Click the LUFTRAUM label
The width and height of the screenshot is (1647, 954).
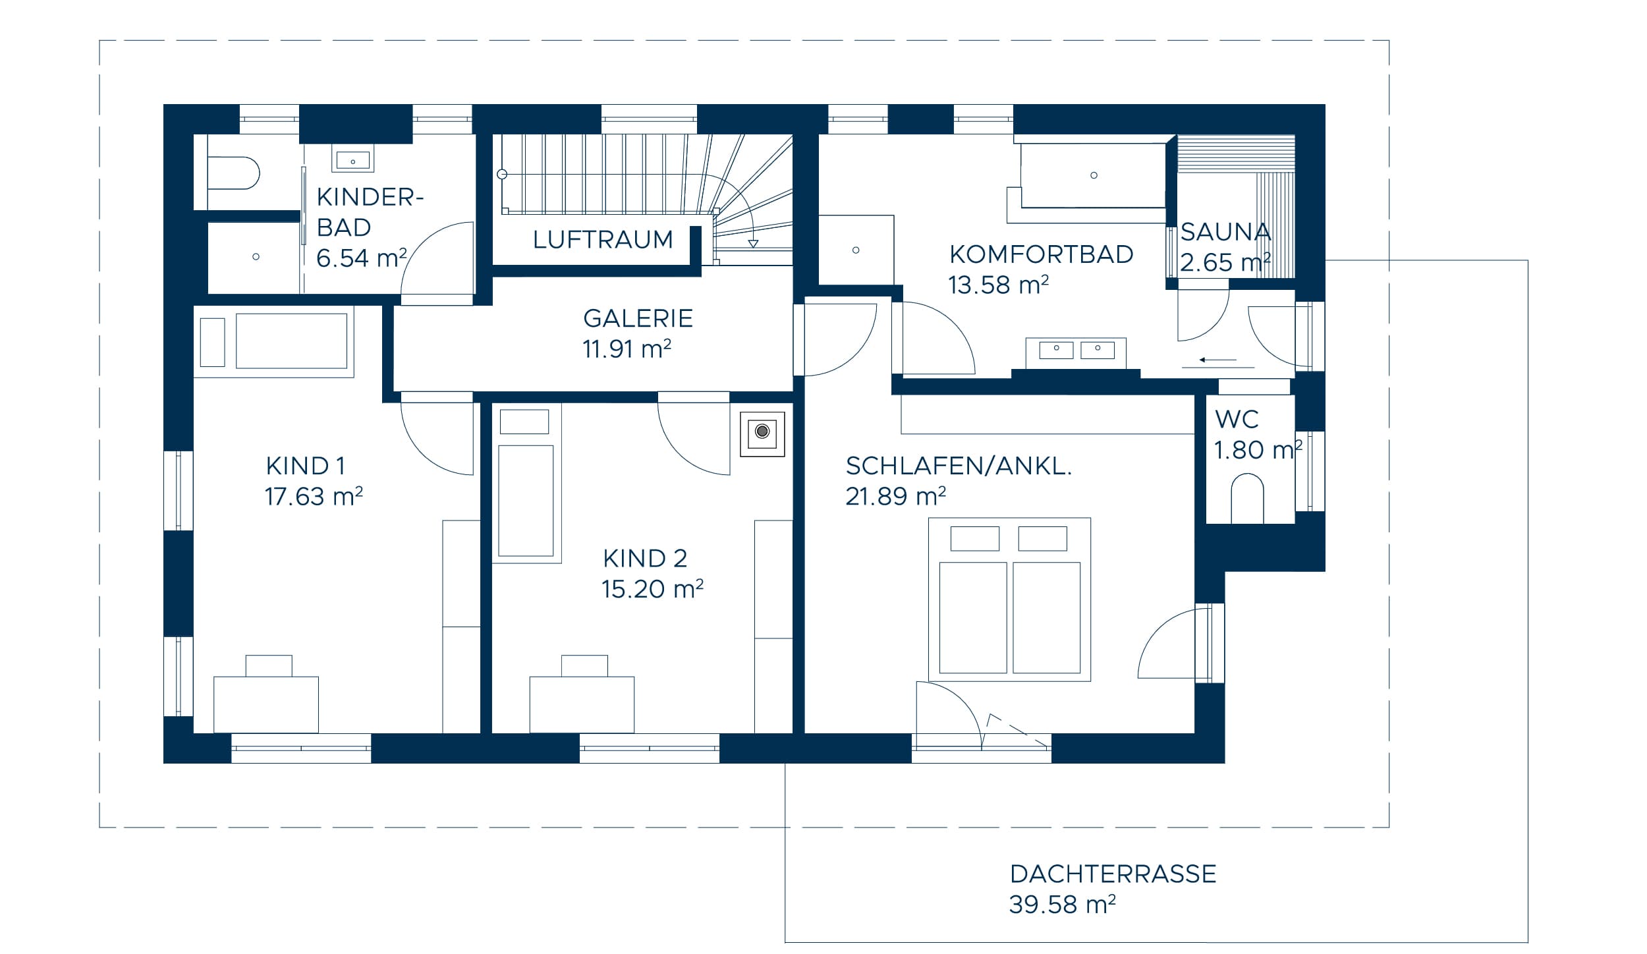coord(603,240)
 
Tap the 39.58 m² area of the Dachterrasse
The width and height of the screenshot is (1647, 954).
coord(1062,905)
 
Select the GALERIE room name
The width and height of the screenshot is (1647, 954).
coord(638,319)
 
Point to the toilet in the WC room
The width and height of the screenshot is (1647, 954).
coord(1246,499)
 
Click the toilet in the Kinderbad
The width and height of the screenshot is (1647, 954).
coord(233,173)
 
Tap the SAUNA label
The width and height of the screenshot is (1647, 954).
coord(1225,232)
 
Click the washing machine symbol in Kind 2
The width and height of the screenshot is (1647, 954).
coord(762,432)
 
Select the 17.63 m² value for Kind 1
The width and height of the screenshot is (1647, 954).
coord(314,497)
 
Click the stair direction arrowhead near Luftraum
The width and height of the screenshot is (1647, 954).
coord(753,244)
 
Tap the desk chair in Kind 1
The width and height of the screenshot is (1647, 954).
coord(269,666)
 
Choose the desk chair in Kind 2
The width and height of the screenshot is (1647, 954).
coord(584,666)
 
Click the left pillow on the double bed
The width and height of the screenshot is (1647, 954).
coord(975,538)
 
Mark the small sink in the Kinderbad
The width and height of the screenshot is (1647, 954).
coord(353,160)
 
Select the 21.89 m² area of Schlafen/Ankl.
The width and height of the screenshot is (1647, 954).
coord(895,497)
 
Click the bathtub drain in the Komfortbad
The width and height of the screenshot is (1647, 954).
coord(1094,175)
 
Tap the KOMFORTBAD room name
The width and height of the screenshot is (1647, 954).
coord(1041,254)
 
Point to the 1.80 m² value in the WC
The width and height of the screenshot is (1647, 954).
coord(1258,451)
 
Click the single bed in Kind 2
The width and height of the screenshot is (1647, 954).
coord(526,501)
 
